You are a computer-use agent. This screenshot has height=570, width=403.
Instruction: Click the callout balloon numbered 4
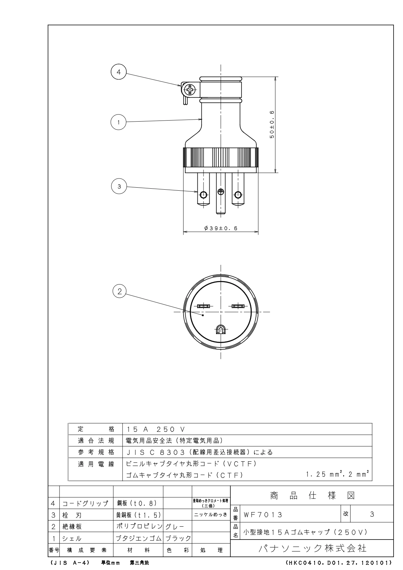tap(119, 72)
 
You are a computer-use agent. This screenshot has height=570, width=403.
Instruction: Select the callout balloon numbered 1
tap(119, 122)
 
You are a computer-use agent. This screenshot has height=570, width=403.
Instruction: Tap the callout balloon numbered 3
tap(119, 186)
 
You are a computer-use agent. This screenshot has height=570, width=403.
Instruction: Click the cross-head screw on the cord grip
tap(190, 89)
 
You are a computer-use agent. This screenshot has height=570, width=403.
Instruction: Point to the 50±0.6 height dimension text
tap(272, 124)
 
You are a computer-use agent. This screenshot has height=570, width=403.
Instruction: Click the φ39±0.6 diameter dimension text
tap(220, 228)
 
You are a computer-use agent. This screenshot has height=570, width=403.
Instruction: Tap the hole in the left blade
tap(203, 195)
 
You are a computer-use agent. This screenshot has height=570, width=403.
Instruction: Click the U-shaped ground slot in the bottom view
tap(220, 330)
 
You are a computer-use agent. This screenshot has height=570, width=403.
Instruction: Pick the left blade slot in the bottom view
tap(204, 306)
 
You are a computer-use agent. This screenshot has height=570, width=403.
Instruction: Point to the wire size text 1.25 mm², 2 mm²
tap(337, 474)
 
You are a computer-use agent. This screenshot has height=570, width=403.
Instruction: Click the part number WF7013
tap(263, 515)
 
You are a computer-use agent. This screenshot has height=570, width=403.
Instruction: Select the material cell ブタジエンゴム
tap(139, 538)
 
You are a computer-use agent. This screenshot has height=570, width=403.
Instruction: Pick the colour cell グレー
tap(175, 527)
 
